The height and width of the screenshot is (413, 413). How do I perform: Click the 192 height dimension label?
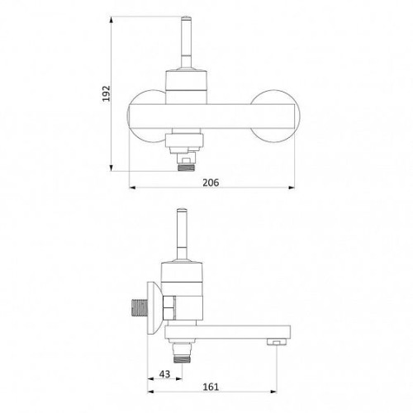[107, 93]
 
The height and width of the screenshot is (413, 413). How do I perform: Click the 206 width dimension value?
[211, 183]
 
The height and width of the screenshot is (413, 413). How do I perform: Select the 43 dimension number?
[164, 374]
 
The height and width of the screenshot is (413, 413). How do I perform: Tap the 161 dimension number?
[211, 387]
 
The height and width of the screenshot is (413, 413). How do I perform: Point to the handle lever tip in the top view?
[186, 18]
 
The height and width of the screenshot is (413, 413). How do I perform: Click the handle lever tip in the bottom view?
[182, 211]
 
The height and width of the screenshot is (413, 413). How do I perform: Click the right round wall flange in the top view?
[275, 116]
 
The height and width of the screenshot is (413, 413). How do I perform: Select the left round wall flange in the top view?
[147, 116]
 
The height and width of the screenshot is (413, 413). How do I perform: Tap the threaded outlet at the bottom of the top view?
[187, 167]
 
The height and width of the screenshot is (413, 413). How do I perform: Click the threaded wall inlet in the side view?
[139, 308]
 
